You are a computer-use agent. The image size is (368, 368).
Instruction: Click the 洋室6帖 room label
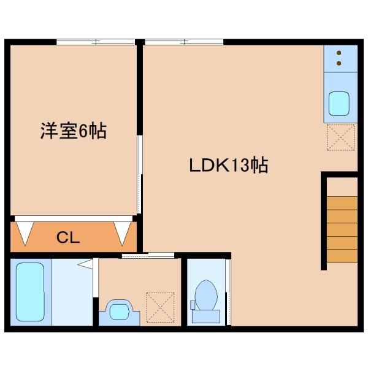[x=74, y=131]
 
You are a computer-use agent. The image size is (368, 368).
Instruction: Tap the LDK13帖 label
[x=229, y=165]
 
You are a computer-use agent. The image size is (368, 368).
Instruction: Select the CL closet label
[x=68, y=237]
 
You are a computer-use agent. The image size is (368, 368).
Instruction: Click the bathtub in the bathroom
[x=30, y=292]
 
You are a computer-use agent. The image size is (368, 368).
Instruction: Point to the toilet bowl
[x=206, y=295]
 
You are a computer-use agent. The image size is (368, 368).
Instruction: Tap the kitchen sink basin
[x=339, y=104]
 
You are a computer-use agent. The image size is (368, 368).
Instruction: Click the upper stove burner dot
[x=339, y=53]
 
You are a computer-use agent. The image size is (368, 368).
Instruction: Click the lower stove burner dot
[x=339, y=63]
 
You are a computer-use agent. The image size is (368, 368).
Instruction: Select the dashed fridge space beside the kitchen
[x=340, y=137]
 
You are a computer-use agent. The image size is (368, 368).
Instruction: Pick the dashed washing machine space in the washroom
[x=160, y=307]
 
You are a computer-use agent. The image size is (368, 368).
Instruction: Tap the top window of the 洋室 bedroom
[x=96, y=42]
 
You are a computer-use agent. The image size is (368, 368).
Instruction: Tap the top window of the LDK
[x=184, y=42]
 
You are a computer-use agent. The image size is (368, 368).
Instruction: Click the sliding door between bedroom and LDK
[x=140, y=174]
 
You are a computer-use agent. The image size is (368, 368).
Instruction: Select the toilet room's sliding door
[x=228, y=292]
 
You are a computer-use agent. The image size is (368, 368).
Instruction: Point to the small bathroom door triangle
[x=85, y=264]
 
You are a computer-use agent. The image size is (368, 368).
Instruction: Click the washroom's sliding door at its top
[x=148, y=255]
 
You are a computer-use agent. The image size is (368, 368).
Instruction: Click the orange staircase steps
[x=342, y=230]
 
